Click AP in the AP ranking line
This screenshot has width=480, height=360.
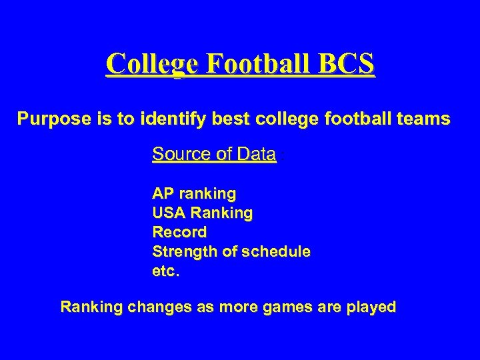point(162,194)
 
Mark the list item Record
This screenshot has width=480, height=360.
point(179,233)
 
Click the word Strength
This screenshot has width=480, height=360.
point(182,252)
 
